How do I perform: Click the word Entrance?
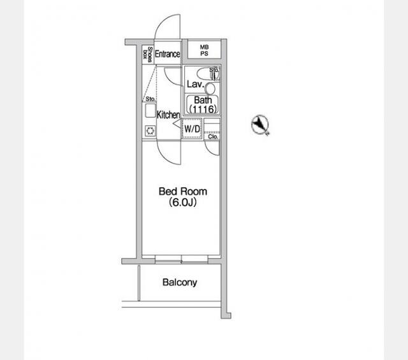click(x=167, y=54)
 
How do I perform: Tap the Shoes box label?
click(x=147, y=55)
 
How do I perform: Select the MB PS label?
click(x=204, y=50)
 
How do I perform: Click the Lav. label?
click(x=195, y=84)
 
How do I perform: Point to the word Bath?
click(x=203, y=100)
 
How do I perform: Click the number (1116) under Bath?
click(x=203, y=109)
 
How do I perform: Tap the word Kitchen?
click(x=168, y=115)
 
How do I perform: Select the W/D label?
click(x=193, y=129)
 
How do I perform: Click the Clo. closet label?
click(x=213, y=136)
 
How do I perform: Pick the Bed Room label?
click(x=183, y=191)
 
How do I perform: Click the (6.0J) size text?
click(x=182, y=202)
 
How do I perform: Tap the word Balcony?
click(x=180, y=282)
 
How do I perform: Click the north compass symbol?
click(x=260, y=125)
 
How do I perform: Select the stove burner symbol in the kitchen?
click(x=150, y=131)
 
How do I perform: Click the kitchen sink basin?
click(x=150, y=111)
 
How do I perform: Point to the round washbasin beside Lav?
click(x=210, y=89)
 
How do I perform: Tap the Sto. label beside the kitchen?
click(x=150, y=99)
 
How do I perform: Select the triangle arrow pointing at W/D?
click(x=177, y=124)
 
